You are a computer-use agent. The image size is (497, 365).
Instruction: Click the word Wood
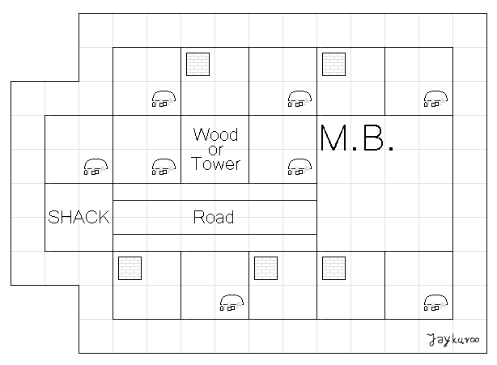[215, 134]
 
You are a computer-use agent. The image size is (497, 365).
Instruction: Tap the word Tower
[215, 163]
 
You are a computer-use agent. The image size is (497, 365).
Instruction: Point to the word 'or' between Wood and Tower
[215, 149]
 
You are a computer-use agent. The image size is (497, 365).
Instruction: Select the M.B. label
[356, 139]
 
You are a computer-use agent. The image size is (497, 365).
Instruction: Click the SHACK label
[79, 218]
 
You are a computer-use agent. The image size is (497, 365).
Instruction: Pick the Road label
[215, 218]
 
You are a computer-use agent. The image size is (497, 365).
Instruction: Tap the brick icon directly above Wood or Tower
[198, 64]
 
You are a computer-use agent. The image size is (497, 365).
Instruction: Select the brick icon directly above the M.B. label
[334, 64]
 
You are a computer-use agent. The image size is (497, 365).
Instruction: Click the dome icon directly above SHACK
[96, 168]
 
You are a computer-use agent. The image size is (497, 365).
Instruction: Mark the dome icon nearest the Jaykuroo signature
[435, 303]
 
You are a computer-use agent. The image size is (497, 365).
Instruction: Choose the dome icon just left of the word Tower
[164, 168]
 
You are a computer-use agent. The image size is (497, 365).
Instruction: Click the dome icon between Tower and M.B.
[299, 168]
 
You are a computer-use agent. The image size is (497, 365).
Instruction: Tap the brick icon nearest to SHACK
[130, 268]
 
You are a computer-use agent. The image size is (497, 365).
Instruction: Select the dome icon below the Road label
[232, 303]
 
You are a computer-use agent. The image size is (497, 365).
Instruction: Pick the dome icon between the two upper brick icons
[299, 100]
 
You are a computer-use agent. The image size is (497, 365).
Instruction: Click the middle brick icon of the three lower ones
[266, 268]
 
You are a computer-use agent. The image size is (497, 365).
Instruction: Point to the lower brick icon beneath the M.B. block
[334, 268]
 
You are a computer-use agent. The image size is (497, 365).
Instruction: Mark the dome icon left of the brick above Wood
[164, 100]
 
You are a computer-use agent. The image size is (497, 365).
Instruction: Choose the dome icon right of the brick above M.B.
[435, 100]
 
